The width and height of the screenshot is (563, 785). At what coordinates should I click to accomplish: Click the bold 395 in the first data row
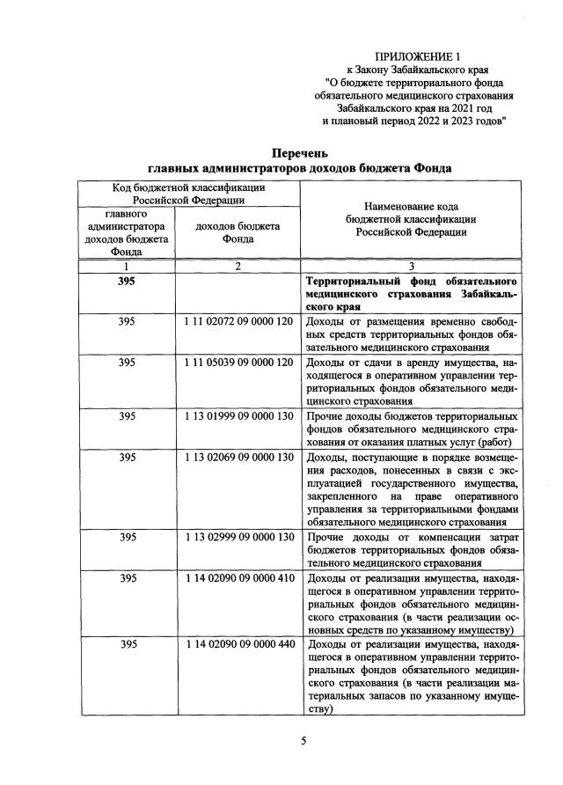127,282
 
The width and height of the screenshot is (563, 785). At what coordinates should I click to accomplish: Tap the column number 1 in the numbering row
127,267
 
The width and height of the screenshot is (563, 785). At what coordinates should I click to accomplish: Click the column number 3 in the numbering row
411,267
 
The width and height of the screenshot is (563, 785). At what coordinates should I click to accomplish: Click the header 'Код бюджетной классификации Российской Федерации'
189,194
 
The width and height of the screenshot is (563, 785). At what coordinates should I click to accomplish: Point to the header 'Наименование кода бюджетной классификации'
411,218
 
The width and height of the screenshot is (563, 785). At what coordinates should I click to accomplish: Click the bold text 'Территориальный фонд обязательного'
411,282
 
